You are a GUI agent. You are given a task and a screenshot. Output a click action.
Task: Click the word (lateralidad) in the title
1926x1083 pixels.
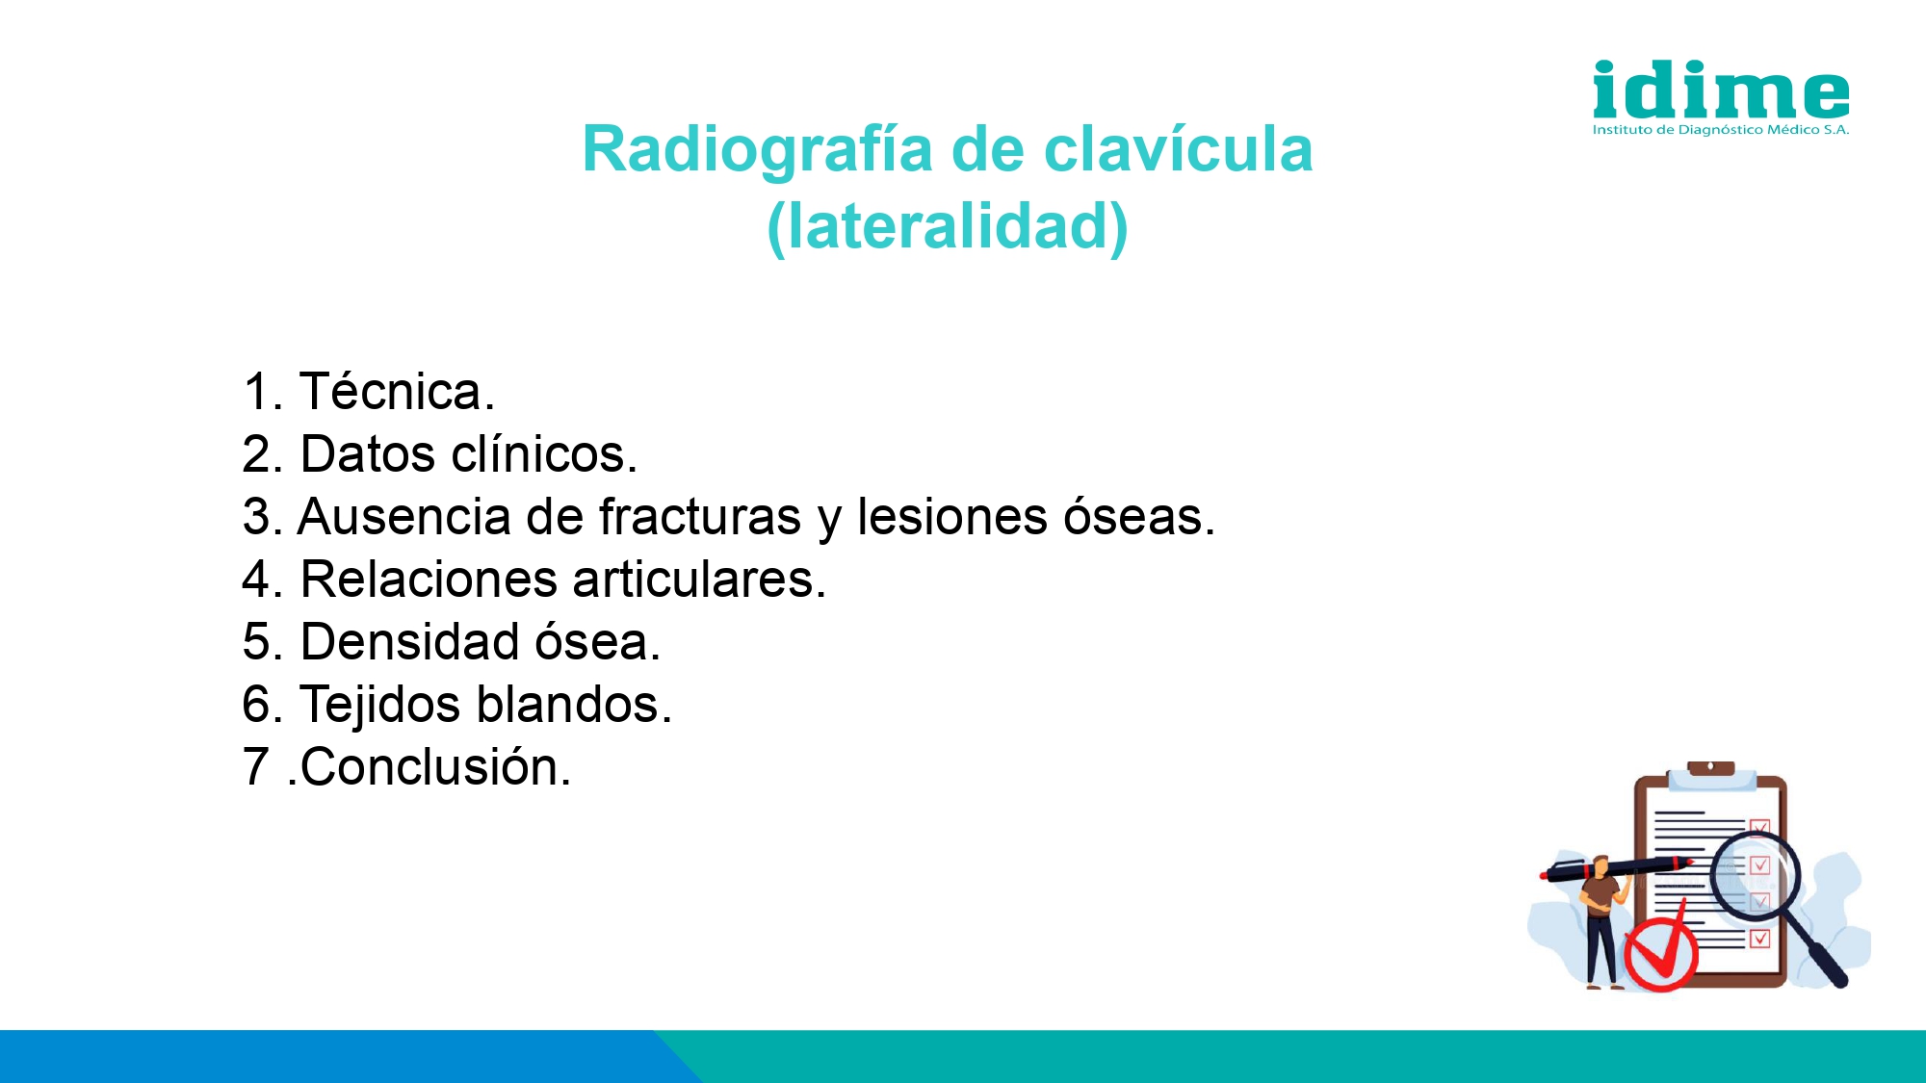(x=948, y=226)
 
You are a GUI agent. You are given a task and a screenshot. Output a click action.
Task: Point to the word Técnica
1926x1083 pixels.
(x=397, y=391)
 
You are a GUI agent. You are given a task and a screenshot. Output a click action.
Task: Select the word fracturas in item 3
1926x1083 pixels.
(x=700, y=516)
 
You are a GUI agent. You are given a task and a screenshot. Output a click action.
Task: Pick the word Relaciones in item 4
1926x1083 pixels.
(x=429, y=579)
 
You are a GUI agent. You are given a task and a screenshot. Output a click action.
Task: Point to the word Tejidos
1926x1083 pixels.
(x=380, y=706)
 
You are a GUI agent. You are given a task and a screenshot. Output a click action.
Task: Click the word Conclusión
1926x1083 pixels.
(x=435, y=767)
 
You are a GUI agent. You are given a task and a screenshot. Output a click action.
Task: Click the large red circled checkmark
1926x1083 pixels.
(x=1661, y=948)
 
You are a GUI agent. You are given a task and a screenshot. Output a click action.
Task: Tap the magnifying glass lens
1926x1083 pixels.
(x=1755, y=877)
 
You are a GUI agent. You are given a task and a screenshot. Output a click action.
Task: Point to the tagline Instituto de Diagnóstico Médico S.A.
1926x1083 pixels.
(x=1721, y=130)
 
